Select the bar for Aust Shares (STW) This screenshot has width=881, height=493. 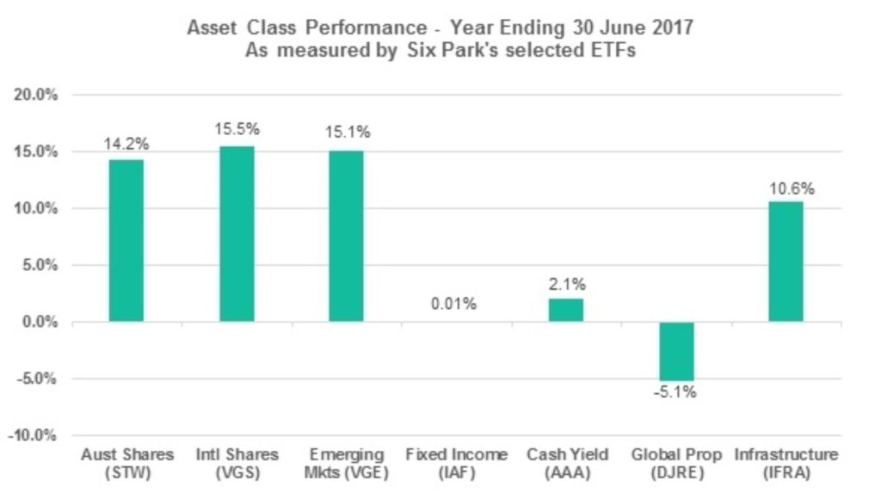126,241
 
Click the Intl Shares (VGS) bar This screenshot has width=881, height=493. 237,234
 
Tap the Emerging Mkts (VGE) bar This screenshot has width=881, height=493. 347,237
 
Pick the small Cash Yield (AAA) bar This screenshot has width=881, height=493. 566,310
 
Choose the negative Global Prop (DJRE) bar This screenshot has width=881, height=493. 676,351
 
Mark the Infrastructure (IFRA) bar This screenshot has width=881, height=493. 786,262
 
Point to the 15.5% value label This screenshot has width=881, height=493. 237,130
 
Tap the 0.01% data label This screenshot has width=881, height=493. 456,304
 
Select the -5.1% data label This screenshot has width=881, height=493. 675,393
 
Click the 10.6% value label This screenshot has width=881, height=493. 786,187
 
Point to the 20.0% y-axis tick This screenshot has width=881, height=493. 36,95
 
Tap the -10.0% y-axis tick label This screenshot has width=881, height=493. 34,435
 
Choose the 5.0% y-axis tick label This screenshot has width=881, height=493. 40,265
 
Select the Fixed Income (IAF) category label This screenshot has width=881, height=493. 456,462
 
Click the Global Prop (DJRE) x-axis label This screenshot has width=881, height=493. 675,462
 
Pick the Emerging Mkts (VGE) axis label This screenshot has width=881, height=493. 347,462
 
